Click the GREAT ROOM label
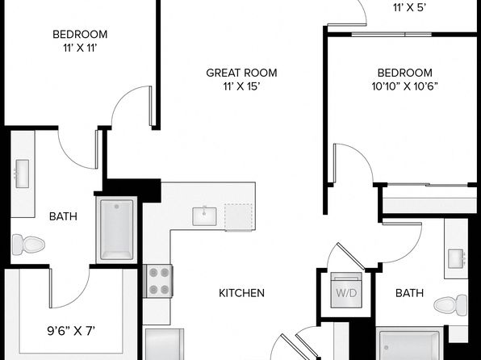click(241, 73)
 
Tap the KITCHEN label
click(241, 293)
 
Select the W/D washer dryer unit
click(346, 290)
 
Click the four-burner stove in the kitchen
click(159, 281)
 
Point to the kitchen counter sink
click(204, 216)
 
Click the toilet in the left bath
click(28, 245)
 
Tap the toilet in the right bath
click(450, 305)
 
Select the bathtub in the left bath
click(116, 230)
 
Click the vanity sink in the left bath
click(22, 174)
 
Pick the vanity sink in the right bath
click(456, 259)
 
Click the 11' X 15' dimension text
click(242, 87)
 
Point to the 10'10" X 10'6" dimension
click(404, 87)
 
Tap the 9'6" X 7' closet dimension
click(71, 331)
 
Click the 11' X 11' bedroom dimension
click(80, 48)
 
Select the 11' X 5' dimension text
click(410, 8)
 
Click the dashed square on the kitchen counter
click(239, 216)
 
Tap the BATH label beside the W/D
click(409, 293)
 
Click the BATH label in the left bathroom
click(63, 216)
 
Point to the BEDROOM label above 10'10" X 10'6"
click(404, 73)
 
